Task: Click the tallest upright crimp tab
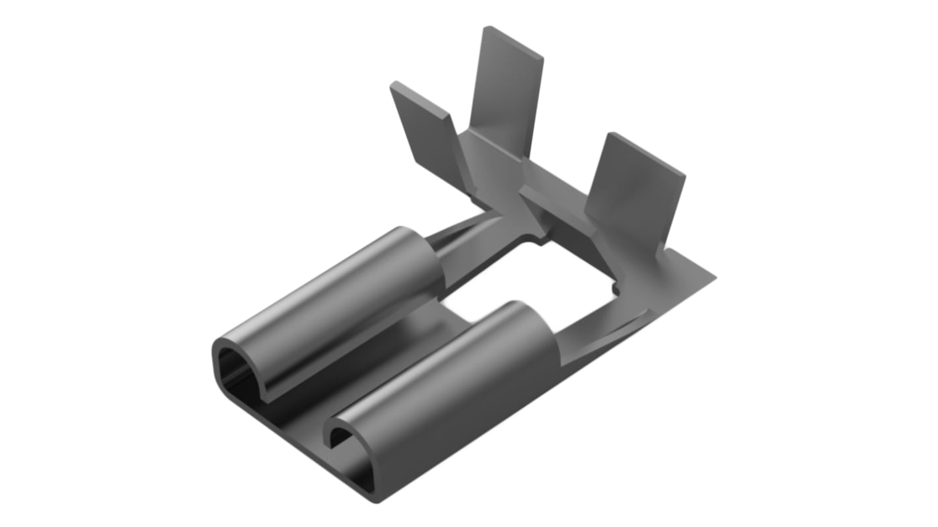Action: tap(509, 92)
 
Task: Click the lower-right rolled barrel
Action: tap(456, 383)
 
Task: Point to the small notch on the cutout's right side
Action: tap(616, 289)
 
